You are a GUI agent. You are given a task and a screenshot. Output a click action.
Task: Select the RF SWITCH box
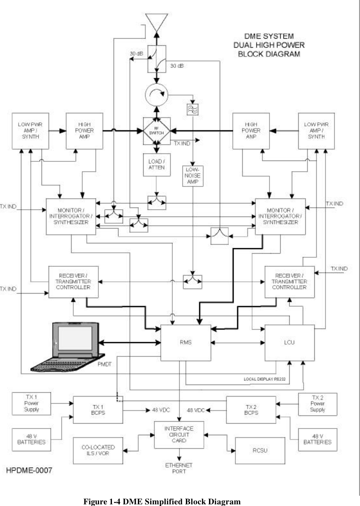156,131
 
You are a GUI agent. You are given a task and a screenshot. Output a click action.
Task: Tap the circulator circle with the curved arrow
156,95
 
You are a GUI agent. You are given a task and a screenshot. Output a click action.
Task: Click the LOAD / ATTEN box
156,165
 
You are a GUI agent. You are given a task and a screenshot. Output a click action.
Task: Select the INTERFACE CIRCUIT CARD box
179,435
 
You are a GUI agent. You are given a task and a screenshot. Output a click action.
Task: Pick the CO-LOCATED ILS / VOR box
98,450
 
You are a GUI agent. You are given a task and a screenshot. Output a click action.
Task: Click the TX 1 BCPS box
98,409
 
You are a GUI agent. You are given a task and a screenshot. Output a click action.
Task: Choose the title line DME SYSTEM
268,35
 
